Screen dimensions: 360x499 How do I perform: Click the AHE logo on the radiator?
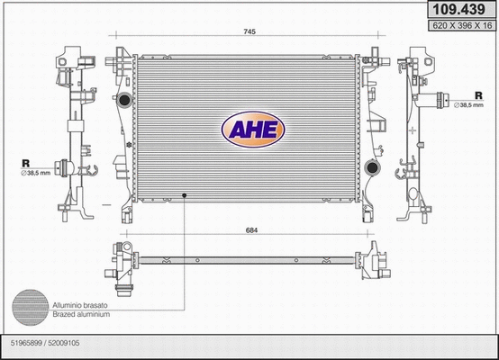253,130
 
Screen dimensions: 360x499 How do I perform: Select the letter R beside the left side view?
24,164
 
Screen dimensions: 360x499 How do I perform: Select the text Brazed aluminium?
81,314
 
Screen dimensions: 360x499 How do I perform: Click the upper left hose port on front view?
118,100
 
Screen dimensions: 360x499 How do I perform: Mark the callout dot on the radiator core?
185,194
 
